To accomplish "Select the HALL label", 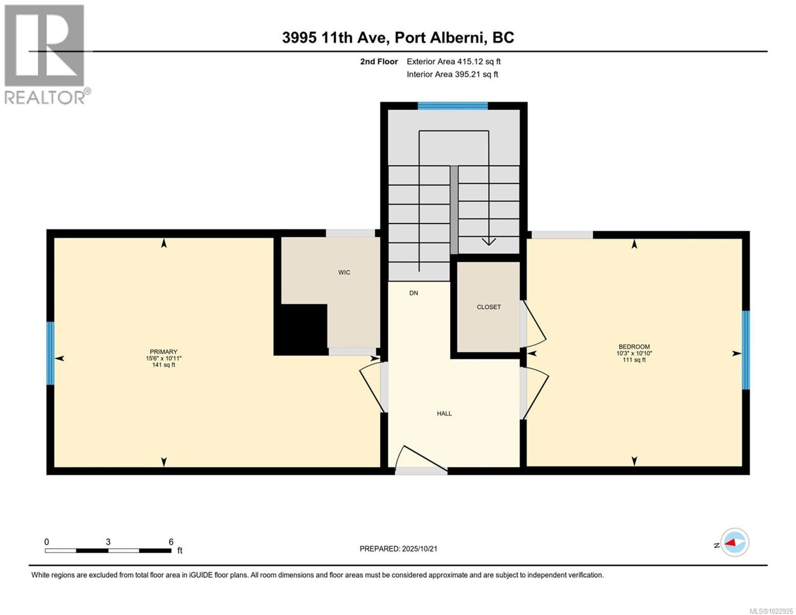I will (444, 413).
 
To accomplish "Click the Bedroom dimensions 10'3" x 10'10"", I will (634, 353).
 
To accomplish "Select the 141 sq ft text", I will (164, 365).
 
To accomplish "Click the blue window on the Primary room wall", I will (50, 353).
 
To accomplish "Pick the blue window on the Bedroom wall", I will (746, 350).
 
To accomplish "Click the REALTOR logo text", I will (45, 97).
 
